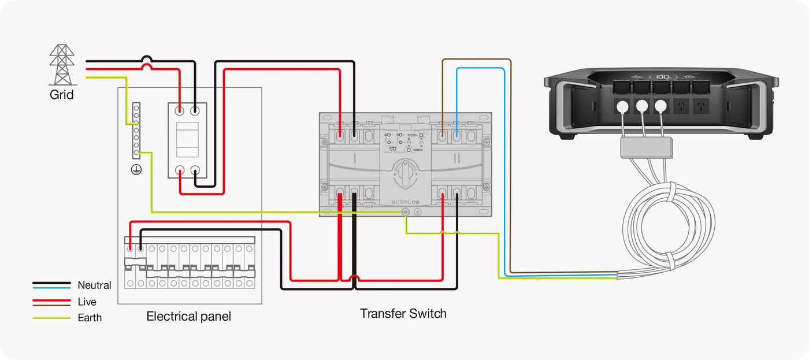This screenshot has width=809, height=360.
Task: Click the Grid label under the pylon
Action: (62, 94)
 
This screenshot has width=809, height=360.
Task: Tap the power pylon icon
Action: (62, 65)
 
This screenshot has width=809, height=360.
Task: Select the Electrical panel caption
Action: (188, 316)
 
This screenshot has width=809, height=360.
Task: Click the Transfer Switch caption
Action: (403, 314)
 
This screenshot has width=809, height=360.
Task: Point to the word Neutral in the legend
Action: (94, 285)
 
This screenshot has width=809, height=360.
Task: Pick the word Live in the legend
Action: (87, 302)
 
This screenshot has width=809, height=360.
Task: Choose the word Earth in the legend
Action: (90, 317)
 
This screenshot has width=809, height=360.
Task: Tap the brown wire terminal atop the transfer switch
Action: (442, 136)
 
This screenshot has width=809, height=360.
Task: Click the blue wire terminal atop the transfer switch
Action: (457, 136)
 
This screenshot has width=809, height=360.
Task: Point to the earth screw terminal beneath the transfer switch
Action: (406, 213)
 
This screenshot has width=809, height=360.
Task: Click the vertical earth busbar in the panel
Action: (136, 131)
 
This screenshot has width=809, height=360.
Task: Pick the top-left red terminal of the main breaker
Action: (180, 109)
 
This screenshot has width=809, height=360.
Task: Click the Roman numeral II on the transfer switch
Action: (457, 157)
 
